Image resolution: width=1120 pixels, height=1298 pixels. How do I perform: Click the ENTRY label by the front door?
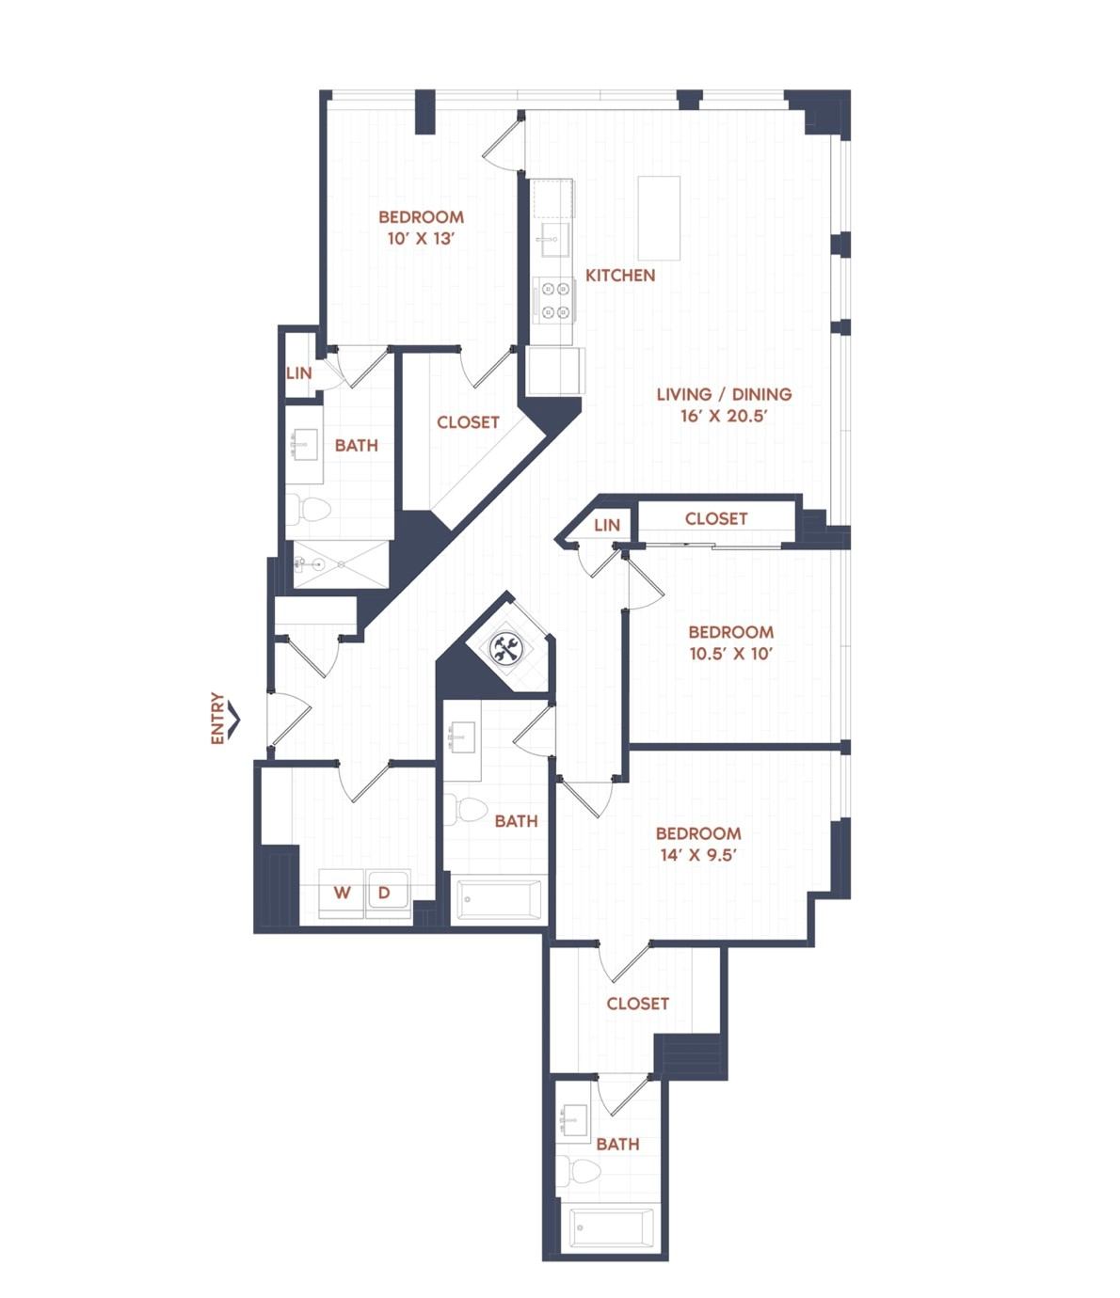[x=217, y=719]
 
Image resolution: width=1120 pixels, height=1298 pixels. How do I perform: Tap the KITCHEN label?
[x=619, y=275]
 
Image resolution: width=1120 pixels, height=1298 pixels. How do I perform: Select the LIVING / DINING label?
[x=724, y=394]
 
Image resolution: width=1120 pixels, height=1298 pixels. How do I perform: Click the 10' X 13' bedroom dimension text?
[x=421, y=239]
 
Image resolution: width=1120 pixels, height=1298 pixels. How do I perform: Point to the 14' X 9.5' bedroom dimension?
[x=698, y=855]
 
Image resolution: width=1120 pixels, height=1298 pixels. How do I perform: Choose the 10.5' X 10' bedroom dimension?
[x=731, y=654]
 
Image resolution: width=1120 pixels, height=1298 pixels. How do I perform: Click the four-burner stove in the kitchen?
[x=553, y=300]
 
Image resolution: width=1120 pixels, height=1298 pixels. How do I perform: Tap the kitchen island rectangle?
[x=659, y=218]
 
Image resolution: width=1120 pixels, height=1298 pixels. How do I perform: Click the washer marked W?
[x=342, y=894]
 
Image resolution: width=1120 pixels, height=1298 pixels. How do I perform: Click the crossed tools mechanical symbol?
[x=504, y=648]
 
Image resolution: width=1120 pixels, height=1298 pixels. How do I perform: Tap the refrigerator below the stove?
[x=556, y=371]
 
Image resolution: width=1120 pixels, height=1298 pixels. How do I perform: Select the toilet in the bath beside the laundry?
[x=464, y=810]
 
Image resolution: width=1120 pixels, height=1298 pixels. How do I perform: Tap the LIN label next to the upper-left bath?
[x=298, y=373]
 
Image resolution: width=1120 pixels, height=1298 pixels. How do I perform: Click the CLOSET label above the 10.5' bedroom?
[x=716, y=518]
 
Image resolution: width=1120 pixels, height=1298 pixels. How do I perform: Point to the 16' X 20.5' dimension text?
[x=724, y=416]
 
